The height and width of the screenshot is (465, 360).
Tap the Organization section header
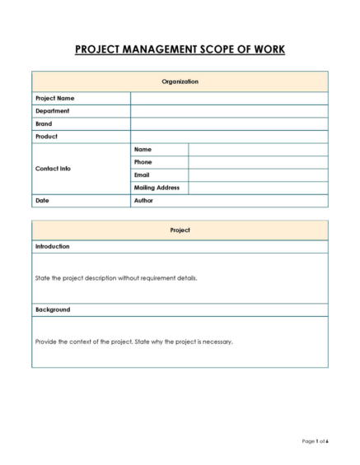point(180,81)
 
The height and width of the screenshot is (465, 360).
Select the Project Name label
point(54,98)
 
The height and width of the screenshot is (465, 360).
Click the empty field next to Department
point(228,111)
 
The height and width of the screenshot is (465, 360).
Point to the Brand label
point(44,123)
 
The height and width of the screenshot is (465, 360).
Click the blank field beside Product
point(228,137)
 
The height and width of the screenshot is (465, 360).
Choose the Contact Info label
point(53,169)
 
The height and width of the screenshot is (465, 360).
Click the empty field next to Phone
point(257,162)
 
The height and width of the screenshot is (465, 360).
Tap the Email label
point(142,174)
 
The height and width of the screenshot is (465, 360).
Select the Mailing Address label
point(157,188)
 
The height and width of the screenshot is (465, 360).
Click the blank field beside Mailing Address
point(257,188)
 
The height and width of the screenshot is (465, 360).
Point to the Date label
point(42,201)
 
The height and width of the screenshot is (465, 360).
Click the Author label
point(143,201)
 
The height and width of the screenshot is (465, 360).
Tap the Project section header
point(180,230)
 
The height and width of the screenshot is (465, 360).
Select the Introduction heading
point(52,246)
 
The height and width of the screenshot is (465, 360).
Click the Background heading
point(52,309)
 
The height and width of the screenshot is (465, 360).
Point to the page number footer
point(315,442)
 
